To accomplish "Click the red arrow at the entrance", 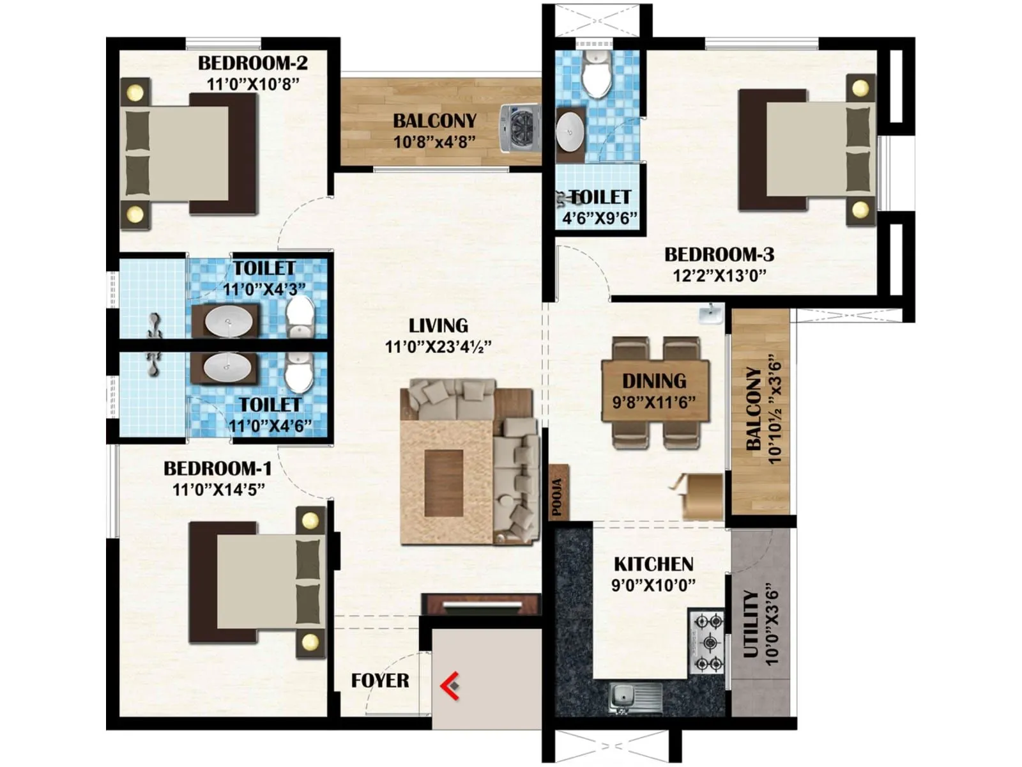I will (x=450, y=686).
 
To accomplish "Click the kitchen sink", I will (x=635, y=696).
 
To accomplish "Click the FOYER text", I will (x=380, y=681).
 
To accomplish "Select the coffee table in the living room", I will (x=444, y=482).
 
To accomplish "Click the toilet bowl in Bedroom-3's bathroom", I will (x=597, y=74).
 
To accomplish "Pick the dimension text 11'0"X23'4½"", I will (x=438, y=347).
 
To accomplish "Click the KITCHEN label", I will (x=653, y=564).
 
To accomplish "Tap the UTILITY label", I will (x=751, y=624).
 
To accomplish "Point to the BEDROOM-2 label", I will (x=252, y=63).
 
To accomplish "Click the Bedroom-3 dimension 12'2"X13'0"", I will (x=719, y=275).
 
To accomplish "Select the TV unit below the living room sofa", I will (x=481, y=603).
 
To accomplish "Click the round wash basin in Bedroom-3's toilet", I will (x=570, y=132).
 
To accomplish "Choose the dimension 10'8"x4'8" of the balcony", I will (x=434, y=142).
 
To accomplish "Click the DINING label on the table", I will (x=654, y=381).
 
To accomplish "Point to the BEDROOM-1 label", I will (x=218, y=469).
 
